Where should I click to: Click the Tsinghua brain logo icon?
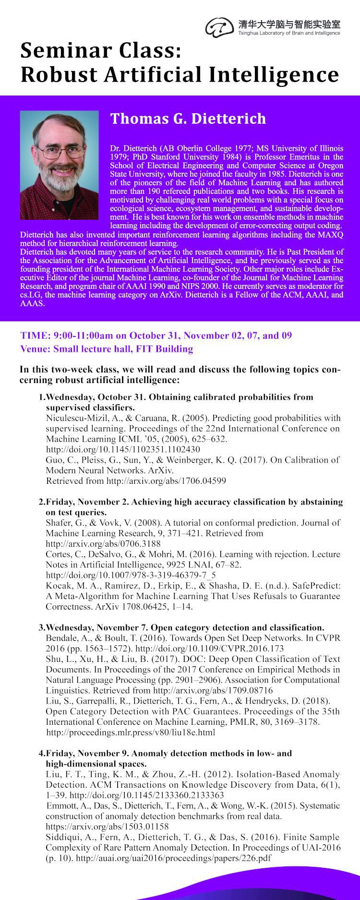pyautogui.click(x=220, y=27)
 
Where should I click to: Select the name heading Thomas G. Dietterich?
pyautogui.click(x=188, y=118)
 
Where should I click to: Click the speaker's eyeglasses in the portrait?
pyautogui.click(x=59, y=152)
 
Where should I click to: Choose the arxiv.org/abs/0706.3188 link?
pyautogui.click(x=103, y=543)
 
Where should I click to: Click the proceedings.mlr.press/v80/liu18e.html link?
pyautogui.click(x=131, y=732)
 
